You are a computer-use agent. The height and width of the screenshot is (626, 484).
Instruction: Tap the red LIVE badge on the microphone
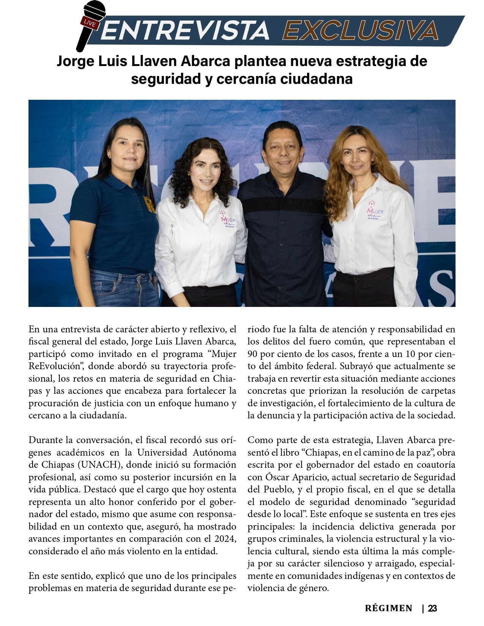(x=90, y=23)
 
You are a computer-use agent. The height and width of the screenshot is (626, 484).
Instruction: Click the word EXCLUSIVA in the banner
(x=360, y=30)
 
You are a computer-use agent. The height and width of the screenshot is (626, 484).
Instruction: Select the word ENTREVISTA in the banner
(x=185, y=31)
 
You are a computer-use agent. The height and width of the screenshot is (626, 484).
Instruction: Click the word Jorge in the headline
(x=74, y=61)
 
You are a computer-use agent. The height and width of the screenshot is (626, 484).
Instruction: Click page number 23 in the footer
(x=432, y=609)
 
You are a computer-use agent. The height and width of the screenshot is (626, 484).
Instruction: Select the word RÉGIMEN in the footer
(x=388, y=609)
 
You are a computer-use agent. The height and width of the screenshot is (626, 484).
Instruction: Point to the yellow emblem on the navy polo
(x=149, y=204)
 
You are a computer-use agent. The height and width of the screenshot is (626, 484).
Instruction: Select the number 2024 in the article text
(x=225, y=539)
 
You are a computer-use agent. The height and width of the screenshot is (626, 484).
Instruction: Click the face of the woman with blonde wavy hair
(x=357, y=156)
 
